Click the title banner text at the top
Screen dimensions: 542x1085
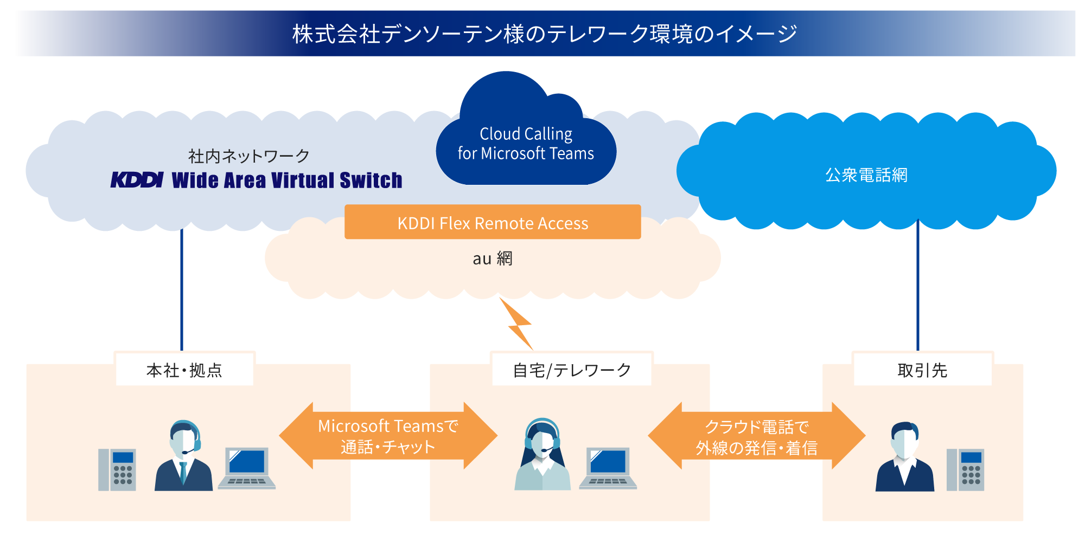[545, 34]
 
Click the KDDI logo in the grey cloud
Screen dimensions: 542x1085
[137, 180]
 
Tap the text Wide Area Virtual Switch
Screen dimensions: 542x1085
[287, 180]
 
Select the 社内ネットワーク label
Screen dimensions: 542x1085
[248, 156]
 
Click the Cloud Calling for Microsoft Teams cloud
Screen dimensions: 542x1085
[526, 144]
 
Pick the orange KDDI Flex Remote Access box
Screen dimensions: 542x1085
[493, 222]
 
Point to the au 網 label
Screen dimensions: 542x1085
[493, 259]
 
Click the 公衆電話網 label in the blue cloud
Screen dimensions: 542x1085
[866, 175]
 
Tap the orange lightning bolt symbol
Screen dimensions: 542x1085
[518, 324]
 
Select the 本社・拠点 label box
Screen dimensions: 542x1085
[184, 370]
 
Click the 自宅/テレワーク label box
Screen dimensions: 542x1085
[572, 370]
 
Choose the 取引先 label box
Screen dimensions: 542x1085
[922, 370]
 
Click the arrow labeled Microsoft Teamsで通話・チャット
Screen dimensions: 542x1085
[388, 436]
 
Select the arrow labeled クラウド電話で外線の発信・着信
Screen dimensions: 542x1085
[756, 436]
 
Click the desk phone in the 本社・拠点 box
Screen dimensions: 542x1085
[117, 469]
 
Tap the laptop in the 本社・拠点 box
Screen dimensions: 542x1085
[247, 468]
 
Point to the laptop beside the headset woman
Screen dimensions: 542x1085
[608, 468]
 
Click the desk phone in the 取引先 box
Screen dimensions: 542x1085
[965, 469]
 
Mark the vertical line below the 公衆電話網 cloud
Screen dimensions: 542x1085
[918, 287]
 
